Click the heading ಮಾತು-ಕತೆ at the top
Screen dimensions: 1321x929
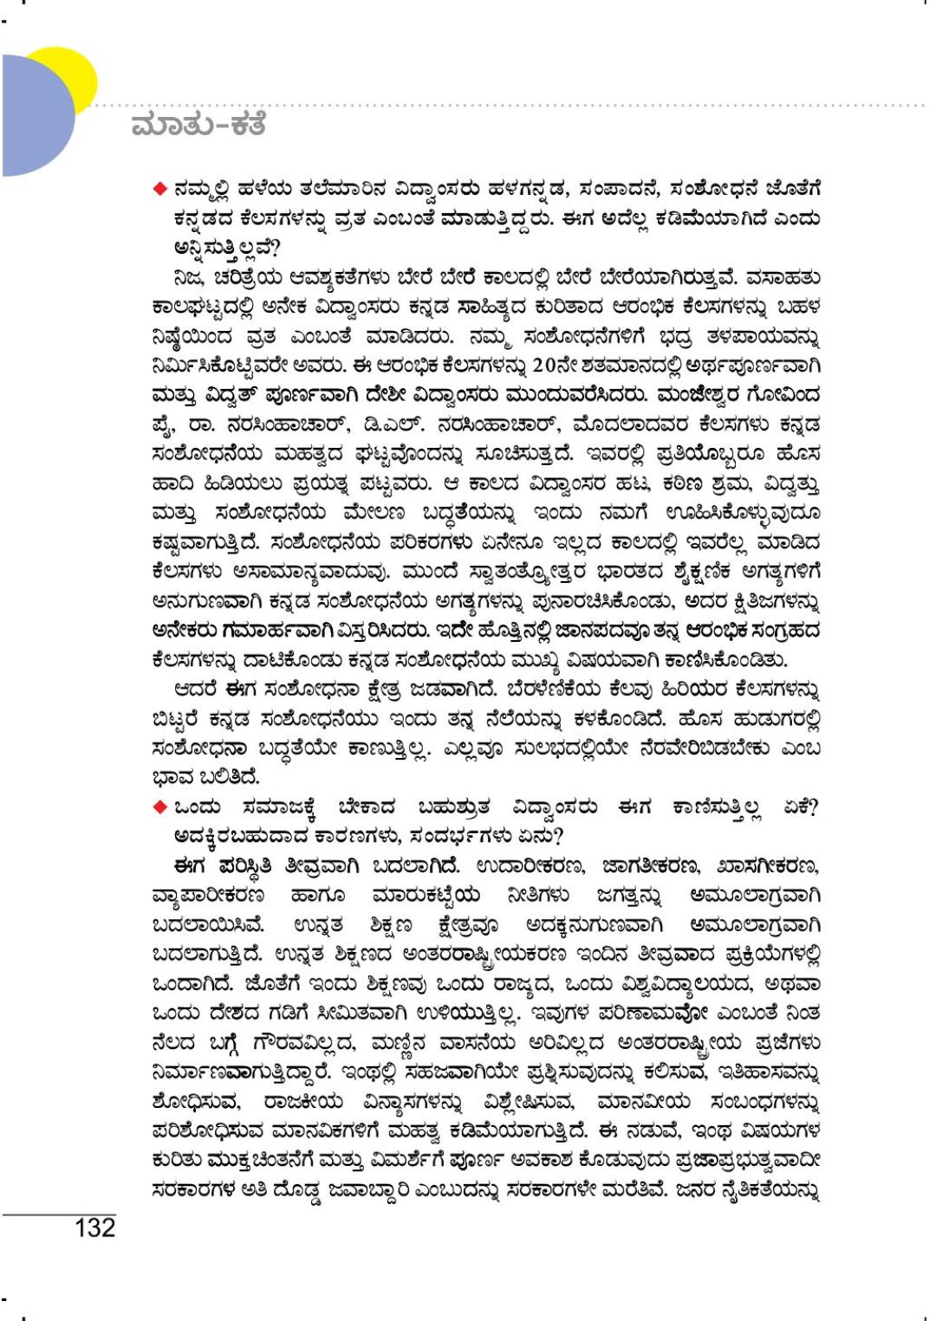click(x=198, y=124)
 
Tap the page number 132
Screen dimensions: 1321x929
click(x=94, y=1227)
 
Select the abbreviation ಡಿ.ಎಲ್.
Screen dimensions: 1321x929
click(x=355, y=425)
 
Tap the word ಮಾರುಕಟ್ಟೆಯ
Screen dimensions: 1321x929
click(x=425, y=896)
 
